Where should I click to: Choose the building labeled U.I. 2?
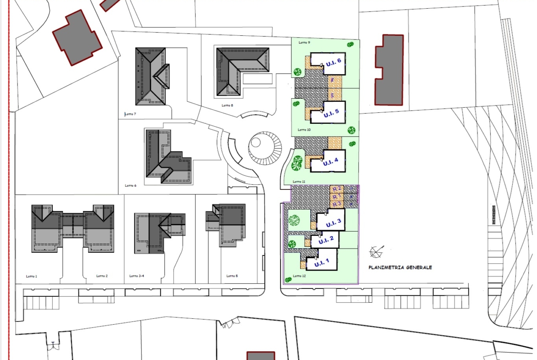click(x=325, y=240)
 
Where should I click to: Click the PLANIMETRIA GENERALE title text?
click(x=400, y=267)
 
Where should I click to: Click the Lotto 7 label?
click(x=130, y=114)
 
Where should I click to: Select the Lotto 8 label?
click(x=227, y=105)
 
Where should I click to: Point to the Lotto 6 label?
click(x=130, y=186)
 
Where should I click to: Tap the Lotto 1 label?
click(x=32, y=276)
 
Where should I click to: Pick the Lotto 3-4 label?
click(x=136, y=276)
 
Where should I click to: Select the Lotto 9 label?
click(x=304, y=43)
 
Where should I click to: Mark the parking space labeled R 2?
click(x=336, y=188)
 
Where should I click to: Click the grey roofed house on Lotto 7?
click(x=152, y=76)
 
